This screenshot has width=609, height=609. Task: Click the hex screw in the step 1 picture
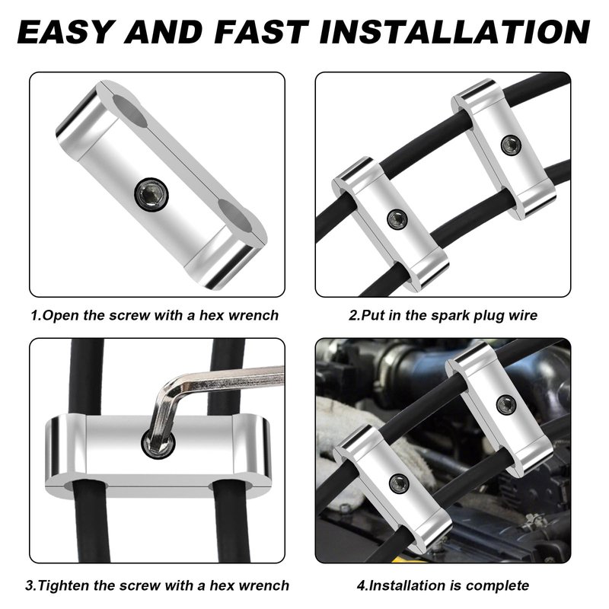point(151,193)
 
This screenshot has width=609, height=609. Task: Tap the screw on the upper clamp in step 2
point(510,145)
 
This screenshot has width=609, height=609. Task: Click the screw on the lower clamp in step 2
point(397,219)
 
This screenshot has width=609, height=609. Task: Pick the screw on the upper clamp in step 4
point(506,405)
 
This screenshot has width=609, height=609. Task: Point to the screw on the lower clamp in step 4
point(399,483)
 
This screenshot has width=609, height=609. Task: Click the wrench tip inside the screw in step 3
point(158,443)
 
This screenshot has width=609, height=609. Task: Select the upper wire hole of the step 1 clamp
point(129,111)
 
